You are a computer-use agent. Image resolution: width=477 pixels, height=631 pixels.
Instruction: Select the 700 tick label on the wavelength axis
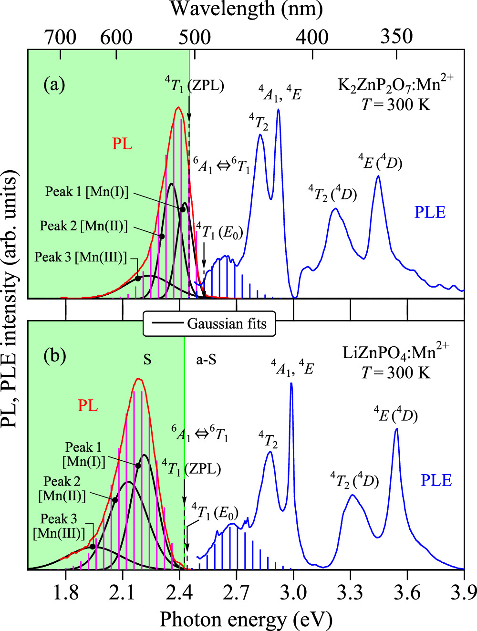point(60,37)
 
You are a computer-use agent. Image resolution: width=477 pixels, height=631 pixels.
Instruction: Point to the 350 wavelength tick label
point(396,36)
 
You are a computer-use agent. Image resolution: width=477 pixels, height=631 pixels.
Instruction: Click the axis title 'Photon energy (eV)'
point(246,619)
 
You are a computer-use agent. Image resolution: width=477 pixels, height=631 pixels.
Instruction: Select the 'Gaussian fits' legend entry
point(227,324)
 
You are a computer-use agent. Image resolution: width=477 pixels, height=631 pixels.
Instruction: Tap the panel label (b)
point(54,356)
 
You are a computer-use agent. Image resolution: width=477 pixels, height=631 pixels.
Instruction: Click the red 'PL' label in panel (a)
point(122,144)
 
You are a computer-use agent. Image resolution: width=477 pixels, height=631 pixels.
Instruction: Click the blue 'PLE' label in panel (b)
point(436,480)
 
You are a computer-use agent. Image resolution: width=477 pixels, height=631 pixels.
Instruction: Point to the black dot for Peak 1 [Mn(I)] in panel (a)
point(183,209)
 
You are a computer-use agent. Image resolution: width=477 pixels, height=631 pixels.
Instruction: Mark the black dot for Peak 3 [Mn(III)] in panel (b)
point(93,547)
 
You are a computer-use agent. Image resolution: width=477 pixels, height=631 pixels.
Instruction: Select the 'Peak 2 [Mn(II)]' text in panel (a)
point(84,226)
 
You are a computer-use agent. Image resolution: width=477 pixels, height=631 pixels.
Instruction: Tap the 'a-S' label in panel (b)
point(206,359)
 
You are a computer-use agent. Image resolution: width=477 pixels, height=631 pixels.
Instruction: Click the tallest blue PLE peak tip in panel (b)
point(291,383)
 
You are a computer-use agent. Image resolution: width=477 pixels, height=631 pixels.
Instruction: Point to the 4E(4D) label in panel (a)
point(380,162)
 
